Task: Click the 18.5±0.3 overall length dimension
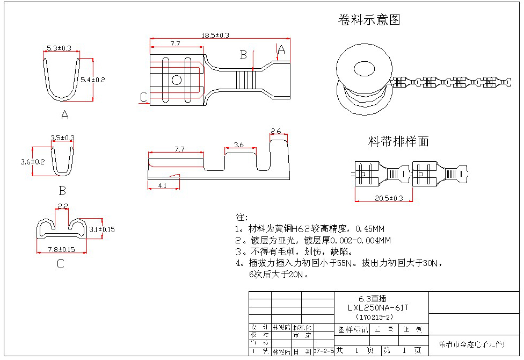(215, 35)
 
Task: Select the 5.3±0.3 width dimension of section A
(59, 48)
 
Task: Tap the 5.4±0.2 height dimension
(93, 80)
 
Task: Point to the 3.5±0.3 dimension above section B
(62, 138)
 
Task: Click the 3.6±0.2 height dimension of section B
(32, 161)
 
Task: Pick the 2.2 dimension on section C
(62, 206)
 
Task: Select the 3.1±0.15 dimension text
(101, 229)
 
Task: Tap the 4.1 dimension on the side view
(162, 185)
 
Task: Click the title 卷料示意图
(369, 20)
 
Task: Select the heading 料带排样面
(398, 141)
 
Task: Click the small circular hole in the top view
(176, 80)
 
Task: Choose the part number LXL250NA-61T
(378, 307)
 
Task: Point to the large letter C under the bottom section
(60, 263)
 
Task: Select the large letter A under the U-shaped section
(65, 114)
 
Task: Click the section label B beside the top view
(243, 55)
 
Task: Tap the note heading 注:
(242, 217)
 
